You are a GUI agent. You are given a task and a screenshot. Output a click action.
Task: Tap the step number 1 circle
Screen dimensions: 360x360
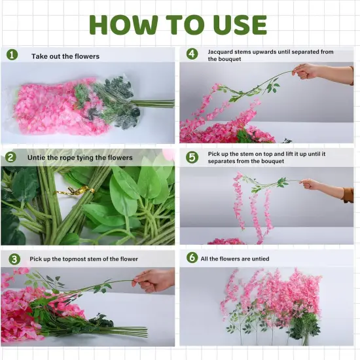click(x=12, y=55)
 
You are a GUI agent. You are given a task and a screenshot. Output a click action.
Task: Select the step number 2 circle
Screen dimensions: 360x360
click(x=11, y=157)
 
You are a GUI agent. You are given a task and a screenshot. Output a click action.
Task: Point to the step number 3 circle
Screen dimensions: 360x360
click(x=11, y=259)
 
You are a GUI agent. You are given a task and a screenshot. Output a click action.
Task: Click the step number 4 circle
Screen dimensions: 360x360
click(x=192, y=54)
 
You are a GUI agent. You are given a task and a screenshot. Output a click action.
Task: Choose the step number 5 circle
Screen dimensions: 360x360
click(x=192, y=157)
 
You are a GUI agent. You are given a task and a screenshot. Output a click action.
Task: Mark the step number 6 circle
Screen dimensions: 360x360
click(x=192, y=258)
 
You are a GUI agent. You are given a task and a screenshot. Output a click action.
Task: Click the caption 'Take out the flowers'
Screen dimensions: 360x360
click(x=65, y=56)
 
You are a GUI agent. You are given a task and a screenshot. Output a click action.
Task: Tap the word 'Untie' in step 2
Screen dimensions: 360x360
click(x=37, y=158)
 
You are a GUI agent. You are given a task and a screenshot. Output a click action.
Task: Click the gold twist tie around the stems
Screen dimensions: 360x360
click(x=72, y=191)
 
